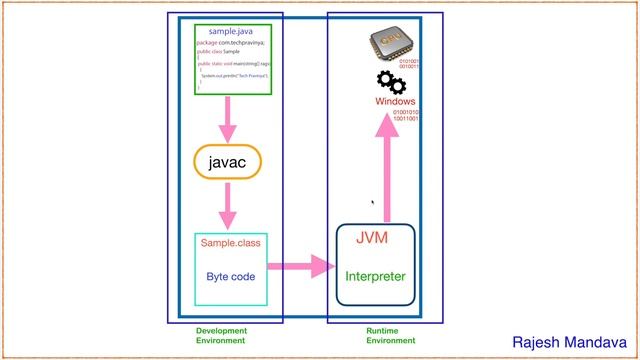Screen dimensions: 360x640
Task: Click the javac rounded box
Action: (x=233, y=162)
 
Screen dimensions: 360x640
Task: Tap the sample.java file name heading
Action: (x=231, y=32)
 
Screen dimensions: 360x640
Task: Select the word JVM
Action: (x=371, y=238)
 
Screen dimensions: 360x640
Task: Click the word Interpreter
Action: (x=375, y=276)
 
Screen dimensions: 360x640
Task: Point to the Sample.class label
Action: (x=232, y=243)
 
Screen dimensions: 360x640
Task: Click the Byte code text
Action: (x=232, y=276)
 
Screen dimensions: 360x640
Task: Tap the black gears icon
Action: (x=390, y=82)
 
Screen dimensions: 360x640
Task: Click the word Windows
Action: (x=395, y=102)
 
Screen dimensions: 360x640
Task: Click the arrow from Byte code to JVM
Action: (x=301, y=266)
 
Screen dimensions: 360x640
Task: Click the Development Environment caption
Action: (x=221, y=335)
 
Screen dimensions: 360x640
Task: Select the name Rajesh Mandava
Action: (x=569, y=343)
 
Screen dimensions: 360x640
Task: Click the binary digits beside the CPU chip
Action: (x=410, y=64)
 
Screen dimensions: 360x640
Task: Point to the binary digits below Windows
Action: (x=405, y=115)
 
